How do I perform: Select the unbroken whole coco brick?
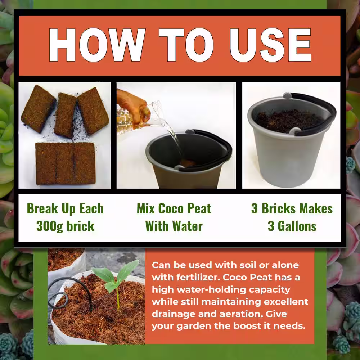point(66,163)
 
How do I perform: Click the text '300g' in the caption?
point(49,226)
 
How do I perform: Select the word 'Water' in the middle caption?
point(188,226)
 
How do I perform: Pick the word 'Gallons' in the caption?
point(297,226)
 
